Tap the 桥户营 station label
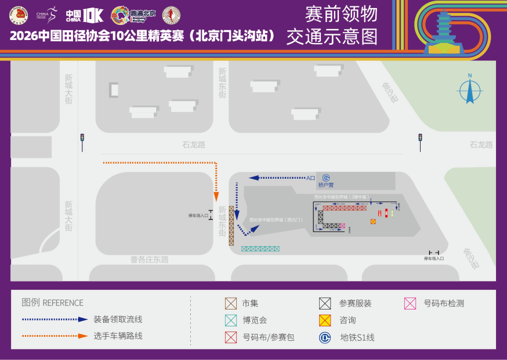point(326,185)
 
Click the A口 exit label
point(310,178)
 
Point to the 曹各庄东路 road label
point(149,260)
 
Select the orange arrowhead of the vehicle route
point(216,197)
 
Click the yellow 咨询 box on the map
point(373,221)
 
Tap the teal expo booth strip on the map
point(260,249)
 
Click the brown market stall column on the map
point(231,226)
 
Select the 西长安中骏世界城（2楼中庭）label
point(342,197)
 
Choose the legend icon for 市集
point(231,303)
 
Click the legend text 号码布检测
point(444,303)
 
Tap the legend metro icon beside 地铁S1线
point(325,337)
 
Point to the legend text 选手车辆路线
point(118,336)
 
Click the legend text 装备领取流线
point(118,319)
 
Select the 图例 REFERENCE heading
point(52,303)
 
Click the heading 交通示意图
point(332,37)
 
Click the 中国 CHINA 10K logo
point(84,15)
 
